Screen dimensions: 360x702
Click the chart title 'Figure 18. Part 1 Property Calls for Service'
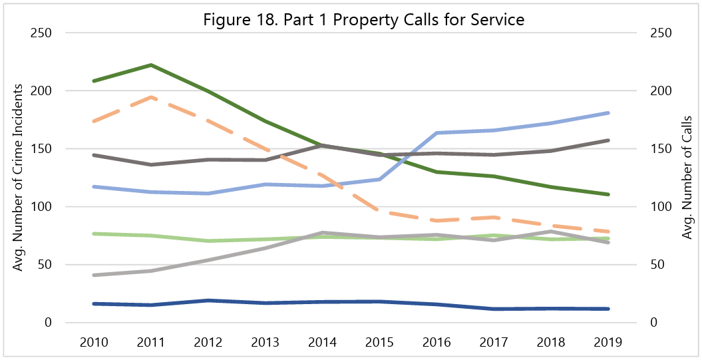(x=364, y=20)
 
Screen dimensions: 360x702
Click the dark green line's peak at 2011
(x=150, y=65)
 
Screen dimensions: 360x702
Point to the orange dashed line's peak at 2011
(x=150, y=97)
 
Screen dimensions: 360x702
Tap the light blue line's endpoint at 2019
(x=608, y=113)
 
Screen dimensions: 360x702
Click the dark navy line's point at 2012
(x=208, y=301)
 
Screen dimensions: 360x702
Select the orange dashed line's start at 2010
(x=93, y=121)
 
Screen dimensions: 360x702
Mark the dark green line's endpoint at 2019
(x=608, y=194)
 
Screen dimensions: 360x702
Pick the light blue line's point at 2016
(x=437, y=133)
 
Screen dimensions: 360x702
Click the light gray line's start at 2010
(x=93, y=275)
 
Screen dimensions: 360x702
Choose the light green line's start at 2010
(x=93, y=234)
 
